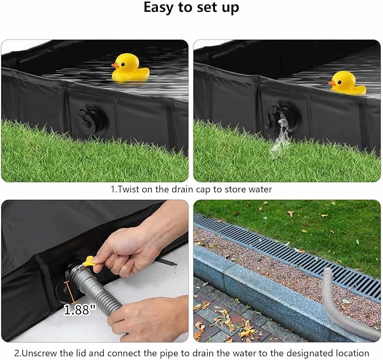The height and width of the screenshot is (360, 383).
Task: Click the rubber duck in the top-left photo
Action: click(x=130, y=68)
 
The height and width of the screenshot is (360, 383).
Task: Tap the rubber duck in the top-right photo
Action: click(x=347, y=82)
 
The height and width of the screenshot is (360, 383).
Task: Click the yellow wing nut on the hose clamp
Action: click(x=89, y=261)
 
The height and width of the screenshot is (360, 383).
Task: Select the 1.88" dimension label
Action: click(x=80, y=310)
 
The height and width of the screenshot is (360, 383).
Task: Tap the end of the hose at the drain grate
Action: click(x=327, y=271)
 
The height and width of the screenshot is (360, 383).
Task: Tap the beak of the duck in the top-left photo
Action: click(x=115, y=65)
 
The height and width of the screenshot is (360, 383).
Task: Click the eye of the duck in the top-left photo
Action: click(x=122, y=64)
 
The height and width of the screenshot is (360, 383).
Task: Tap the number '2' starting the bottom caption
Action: click(x=16, y=353)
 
